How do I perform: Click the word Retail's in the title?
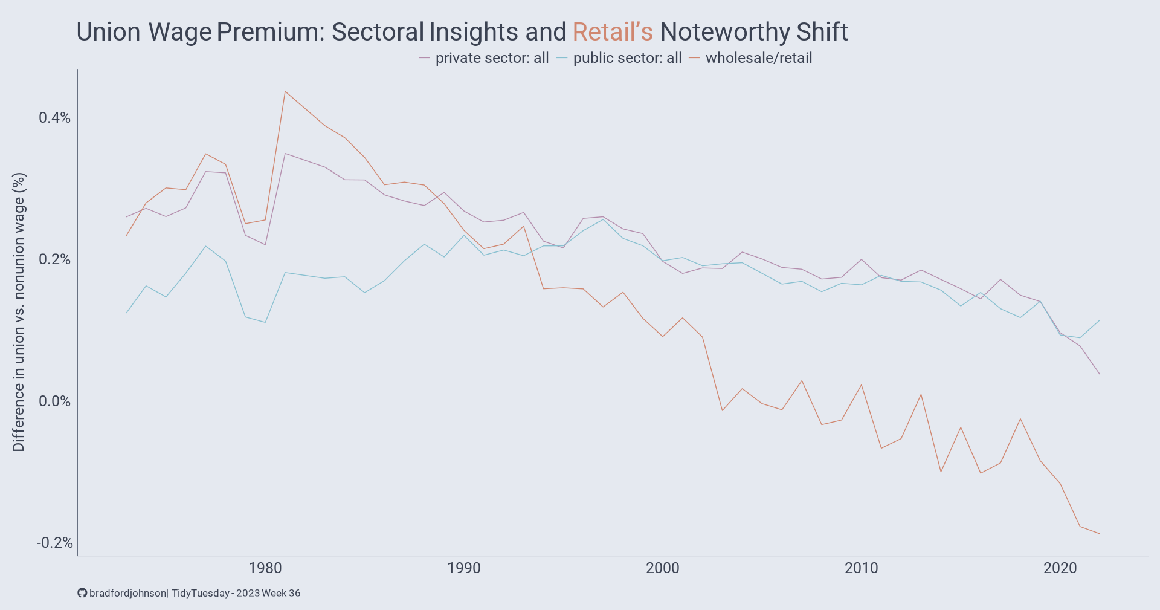click(x=613, y=32)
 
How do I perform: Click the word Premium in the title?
click(x=270, y=32)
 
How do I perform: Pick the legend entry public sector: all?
click(x=627, y=58)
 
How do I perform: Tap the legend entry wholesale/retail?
click(x=758, y=58)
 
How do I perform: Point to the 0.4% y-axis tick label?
click(x=54, y=118)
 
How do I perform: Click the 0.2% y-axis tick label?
click(x=54, y=259)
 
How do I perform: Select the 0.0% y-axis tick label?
click(x=54, y=401)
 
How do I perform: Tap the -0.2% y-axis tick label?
click(x=54, y=543)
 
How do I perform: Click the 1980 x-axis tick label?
click(x=265, y=568)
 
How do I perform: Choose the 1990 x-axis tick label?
click(x=464, y=568)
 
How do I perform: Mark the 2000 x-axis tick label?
click(x=663, y=568)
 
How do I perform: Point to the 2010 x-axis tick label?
click(x=862, y=568)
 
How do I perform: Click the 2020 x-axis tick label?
click(x=1060, y=568)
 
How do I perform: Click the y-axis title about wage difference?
click(x=19, y=312)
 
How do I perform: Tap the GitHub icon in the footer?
click(x=82, y=593)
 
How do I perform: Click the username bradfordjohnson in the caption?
click(x=127, y=593)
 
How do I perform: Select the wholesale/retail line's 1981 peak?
click(x=285, y=92)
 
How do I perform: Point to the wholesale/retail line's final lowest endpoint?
click(x=1100, y=534)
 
